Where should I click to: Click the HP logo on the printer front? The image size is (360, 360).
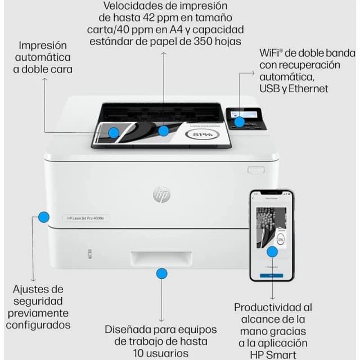coord(161,195)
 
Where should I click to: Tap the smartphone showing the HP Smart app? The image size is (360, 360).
coord(272,235)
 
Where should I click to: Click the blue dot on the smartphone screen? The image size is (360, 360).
coord(272,252)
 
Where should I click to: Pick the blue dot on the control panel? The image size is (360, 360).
coord(240,121)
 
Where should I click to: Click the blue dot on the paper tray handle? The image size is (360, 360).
coord(161,273)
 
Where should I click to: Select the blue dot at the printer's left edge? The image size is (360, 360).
coord(44,217)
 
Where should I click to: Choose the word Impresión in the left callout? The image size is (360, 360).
coord(43,45)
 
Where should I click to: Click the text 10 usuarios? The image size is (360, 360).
coord(161,353)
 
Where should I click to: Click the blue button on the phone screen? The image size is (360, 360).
coord(272,276)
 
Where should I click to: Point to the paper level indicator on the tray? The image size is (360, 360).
coord(89,254)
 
